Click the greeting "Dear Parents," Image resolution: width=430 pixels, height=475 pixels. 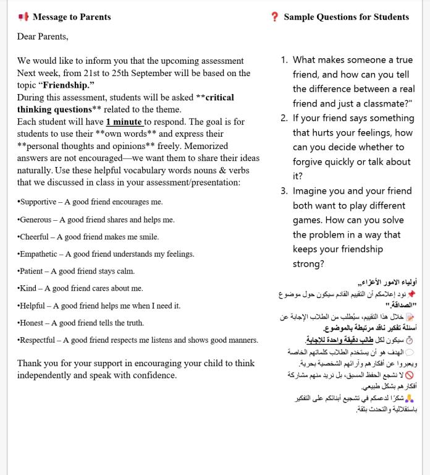43,36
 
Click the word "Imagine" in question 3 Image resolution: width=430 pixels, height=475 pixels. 312,191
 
